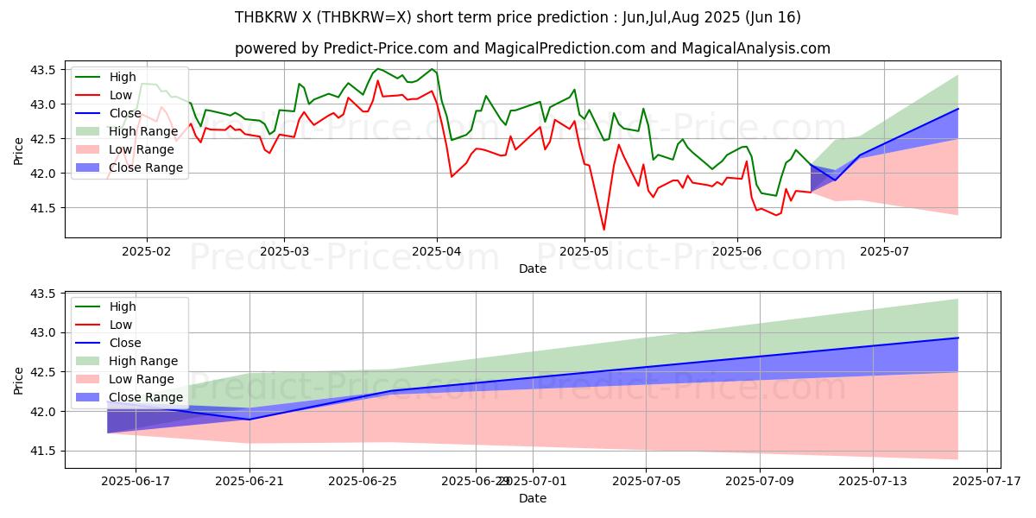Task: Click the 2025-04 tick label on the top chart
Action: click(x=437, y=251)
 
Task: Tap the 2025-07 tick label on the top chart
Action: click(x=884, y=251)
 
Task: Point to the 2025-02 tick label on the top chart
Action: click(x=146, y=251)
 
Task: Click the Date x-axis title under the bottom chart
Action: click(x=532, y=498)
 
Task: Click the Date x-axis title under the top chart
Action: click(x=532, y=268)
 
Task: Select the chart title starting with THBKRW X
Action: click(x=518, y=17)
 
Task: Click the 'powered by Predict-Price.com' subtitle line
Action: click(x=532, y=48)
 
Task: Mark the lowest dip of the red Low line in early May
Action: click(x=603, y=230)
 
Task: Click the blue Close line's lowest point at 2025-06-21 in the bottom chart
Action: click(x=250, y=420)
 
